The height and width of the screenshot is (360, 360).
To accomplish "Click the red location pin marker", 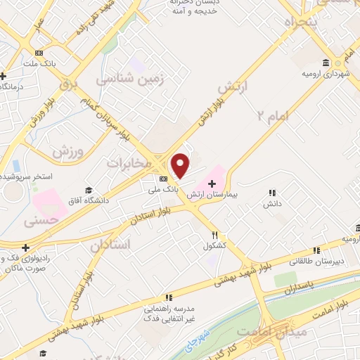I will [181, 165].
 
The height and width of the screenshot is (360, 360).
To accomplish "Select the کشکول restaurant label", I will [214, 245].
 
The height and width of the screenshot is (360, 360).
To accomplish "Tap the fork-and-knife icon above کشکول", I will [215, 235].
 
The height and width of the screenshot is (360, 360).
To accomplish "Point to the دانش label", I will [272, 203].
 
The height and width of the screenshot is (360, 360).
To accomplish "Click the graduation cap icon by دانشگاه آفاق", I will [89, 191].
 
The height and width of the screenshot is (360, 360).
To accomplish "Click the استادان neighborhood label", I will [110, 245].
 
